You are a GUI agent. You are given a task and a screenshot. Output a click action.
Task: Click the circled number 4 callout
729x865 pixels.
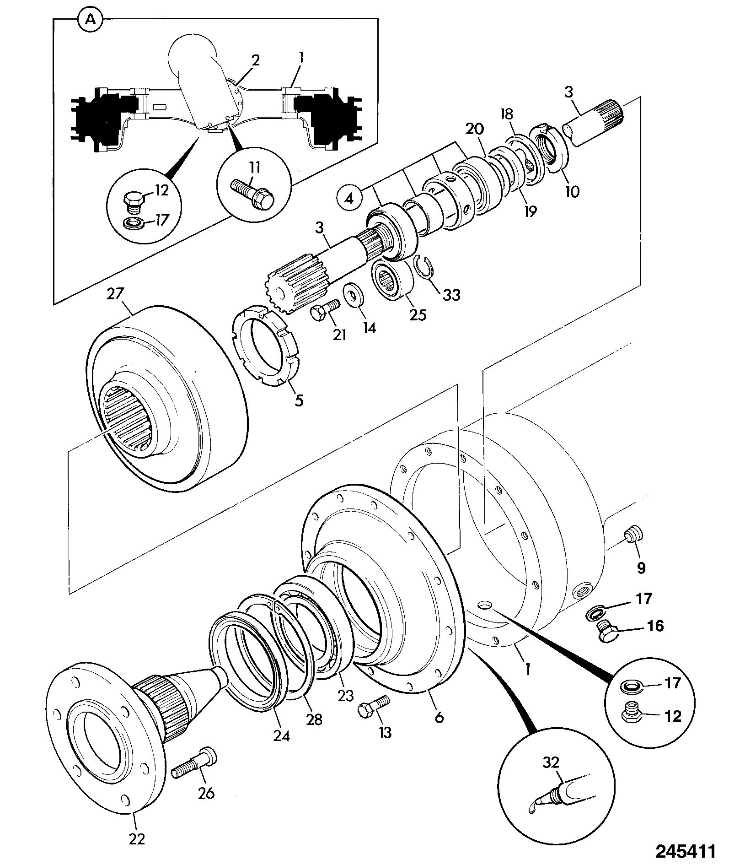click(x=349, y=198)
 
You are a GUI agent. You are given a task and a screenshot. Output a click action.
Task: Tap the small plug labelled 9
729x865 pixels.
click(x=633, y=534)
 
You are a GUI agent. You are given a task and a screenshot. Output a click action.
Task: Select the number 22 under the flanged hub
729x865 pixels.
click(x=137, y=838)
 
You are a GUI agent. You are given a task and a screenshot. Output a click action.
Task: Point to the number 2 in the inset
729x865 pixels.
click(x=256, y=60)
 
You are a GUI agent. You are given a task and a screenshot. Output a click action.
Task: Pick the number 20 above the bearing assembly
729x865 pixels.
click(x=475, y=129)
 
